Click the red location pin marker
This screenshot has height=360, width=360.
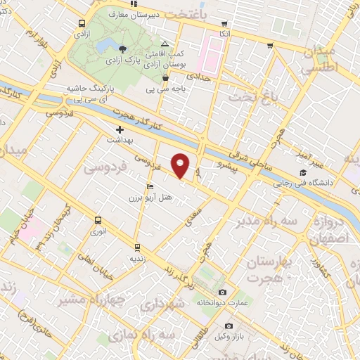pyautogui.click(x=181, y=165)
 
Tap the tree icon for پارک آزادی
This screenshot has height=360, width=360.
pyautogui.click(x=123, y=49)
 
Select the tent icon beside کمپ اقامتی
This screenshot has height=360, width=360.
pyautogui.click(x=165, y=44)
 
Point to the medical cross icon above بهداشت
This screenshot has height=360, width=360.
pyautogui.click(x=120, y=129)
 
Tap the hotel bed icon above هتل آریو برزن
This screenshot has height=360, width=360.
pyautogui.click(x=150, y=186)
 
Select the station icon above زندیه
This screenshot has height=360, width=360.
pyautogui.click(x=136, y=247)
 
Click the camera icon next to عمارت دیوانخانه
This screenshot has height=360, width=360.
pyautogui.click(x=223, y=292)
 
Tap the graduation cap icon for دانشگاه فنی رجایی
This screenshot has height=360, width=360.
pyautogui.click(x=303, y=173)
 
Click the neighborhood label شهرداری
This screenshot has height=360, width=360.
pyautogui.click(x=161, y=304)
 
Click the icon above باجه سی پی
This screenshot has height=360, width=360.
pyautogui.click(x=165, y=78)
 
